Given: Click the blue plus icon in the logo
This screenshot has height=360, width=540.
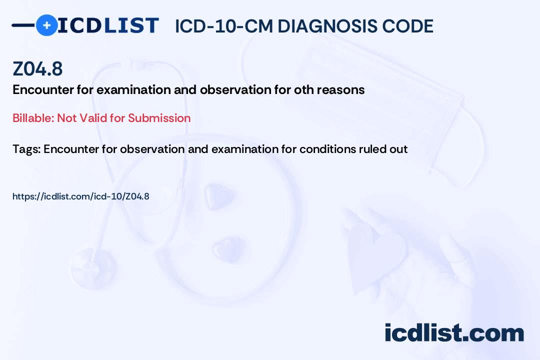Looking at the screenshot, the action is click(46, 25).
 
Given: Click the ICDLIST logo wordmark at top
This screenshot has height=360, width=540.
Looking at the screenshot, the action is click(108, 25).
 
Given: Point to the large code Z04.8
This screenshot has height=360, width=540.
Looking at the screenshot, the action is click(37, 68).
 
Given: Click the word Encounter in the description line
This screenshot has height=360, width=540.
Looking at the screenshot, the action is click(43, 89).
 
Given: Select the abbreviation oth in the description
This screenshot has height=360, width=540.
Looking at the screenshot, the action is click(304, 89).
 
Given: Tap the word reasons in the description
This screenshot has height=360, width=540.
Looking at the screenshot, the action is click(340, 90).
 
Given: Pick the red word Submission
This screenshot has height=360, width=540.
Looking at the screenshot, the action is click(159, 118).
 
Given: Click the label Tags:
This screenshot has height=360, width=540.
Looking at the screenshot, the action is click(26, 149).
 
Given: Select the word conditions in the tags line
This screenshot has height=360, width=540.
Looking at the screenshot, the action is click(327, 149).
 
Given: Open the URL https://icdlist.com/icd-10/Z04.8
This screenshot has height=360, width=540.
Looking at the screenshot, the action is click(81, 196).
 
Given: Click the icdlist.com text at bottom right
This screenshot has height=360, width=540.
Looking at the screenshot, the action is click(454, 332).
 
